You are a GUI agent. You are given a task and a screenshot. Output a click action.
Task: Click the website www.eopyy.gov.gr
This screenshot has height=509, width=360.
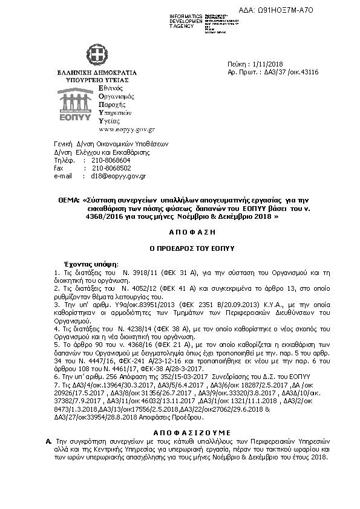[126, 129]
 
